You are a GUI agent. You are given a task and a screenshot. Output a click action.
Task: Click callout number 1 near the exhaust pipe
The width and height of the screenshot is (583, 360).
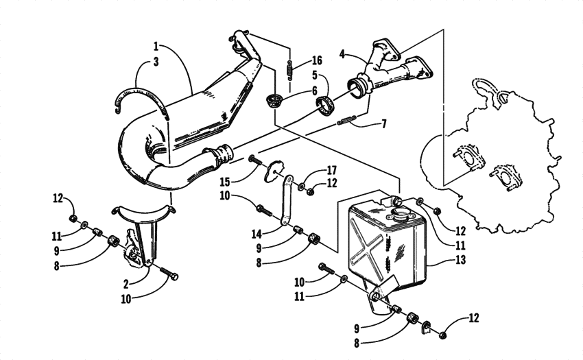click(x=156, y=47)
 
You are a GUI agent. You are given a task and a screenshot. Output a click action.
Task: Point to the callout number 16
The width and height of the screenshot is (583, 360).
click(x=317, y=61)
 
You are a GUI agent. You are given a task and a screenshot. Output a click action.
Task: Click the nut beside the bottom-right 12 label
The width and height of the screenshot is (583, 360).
click(x=442, y=333)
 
